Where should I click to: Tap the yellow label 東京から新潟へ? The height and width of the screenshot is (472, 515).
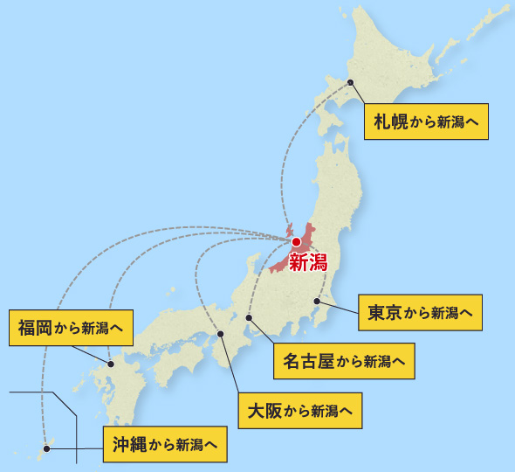(421, 312)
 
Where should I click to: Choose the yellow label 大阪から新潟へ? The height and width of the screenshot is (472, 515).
(300, 409)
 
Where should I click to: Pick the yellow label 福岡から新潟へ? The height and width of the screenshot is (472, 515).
(70, 328)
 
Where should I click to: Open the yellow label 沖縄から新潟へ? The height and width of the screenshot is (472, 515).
(165, 443)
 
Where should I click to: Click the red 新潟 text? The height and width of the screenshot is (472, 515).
(307, 261)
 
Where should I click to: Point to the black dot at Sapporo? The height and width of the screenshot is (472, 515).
(351, 82)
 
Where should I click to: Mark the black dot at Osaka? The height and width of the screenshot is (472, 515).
(220, 333)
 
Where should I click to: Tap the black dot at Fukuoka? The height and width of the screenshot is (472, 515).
(111, 363)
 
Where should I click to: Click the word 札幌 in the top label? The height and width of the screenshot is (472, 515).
(388, 121)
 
